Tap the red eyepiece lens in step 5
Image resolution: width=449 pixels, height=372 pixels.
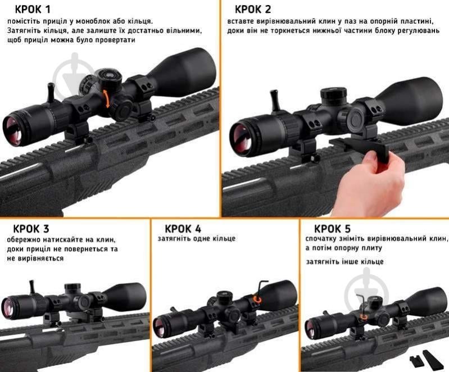coord(310,328)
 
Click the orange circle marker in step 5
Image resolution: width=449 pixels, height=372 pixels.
coord(364,316)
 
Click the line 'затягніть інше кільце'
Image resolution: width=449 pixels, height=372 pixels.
coord(344,262)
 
